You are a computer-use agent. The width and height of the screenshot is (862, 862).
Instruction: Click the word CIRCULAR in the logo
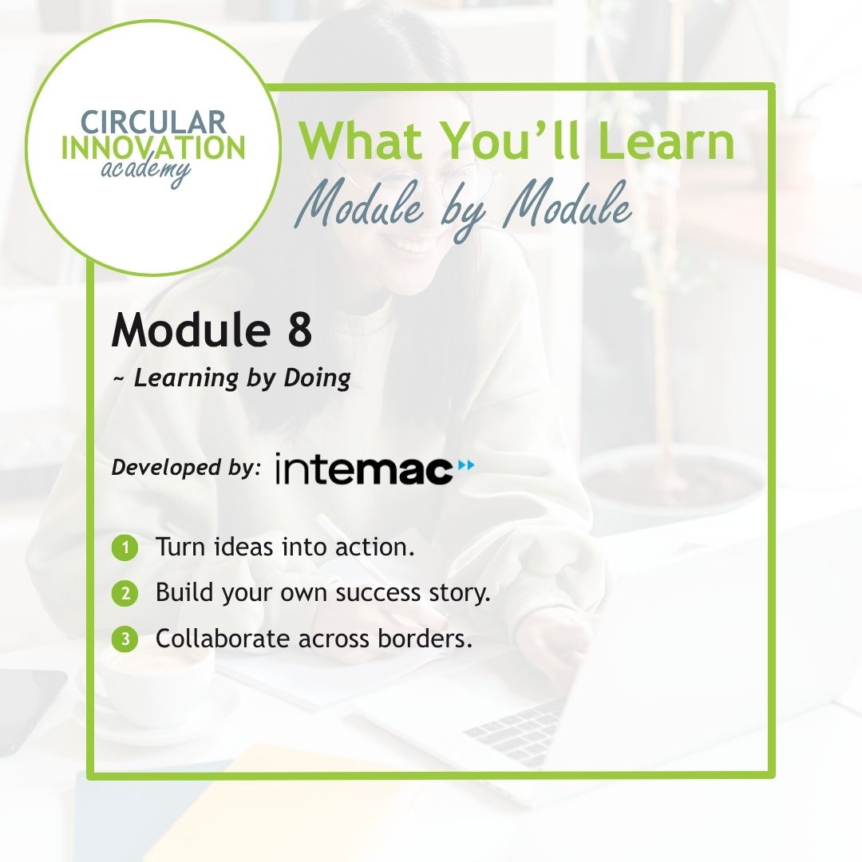pos(153,122)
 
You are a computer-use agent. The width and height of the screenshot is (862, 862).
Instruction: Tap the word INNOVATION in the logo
pos(153,148)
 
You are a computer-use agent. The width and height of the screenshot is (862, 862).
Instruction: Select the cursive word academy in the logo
pos(146,172)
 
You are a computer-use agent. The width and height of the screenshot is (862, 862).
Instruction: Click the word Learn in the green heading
pos(666,140)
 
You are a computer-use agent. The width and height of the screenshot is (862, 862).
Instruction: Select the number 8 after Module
pos(299,330)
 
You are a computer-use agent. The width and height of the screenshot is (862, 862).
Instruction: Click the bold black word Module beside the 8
pos(191,330)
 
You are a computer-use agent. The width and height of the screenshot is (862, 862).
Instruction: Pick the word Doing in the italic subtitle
pos(317,378)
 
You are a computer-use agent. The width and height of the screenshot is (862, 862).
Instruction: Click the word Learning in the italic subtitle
pos(187,379)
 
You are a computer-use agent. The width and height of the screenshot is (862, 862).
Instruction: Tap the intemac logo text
pos(363,469)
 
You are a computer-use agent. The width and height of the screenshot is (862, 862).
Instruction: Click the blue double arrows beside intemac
pos(465,465)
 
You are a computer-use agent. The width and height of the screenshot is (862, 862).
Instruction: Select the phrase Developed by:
pos(186,468)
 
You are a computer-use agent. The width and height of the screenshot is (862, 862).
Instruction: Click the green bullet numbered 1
pos(125,548)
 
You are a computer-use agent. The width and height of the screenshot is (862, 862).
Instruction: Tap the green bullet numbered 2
pos(125,594)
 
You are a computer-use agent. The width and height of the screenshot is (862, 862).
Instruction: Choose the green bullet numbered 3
pos(125,639)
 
